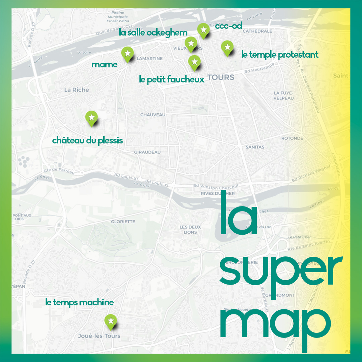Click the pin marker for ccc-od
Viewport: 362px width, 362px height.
pyautogui.click(x=203, y=30)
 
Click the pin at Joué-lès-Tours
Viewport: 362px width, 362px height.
pyautogui.click(x=111, y=321)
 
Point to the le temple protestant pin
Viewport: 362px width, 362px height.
pyautogui.click(x=227, y=48)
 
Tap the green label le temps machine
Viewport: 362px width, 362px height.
pyautogui.click(x=79, y=303)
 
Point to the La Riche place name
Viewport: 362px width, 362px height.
pyautogui.click(x=76, y=90)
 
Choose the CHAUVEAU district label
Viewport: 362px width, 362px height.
pyautogui.click(x=153, y=115)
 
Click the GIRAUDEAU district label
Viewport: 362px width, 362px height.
pyautogui.click(x=147, y=152)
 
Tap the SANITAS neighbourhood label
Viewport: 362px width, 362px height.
pyautogui.click(x=255, y=147)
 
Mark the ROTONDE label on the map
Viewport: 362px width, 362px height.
pyautogui.click(x=292, y=138)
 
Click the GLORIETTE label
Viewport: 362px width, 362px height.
pyautogui.click(x=123, y=222)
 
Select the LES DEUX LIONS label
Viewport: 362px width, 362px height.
pyautogui.click(x=190, y=230)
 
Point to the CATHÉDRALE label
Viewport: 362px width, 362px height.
pyautogui.click(x=257, y=31)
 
